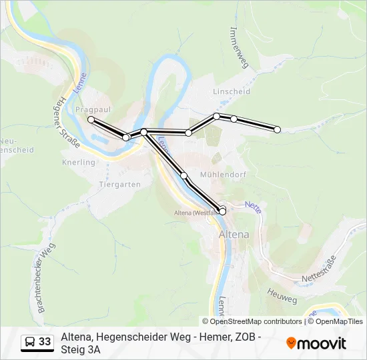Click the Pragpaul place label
coord(93,108)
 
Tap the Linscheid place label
coord(231,91)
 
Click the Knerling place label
coord(79,162)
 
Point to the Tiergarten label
coord(119,184)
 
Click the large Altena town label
coord(234,235)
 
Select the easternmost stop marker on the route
coord(278,129)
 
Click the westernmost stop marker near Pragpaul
coord(91,120)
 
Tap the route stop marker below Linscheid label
coord(216,116)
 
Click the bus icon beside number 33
coord(29,342)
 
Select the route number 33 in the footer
coord(45,342)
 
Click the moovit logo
coord(316,343)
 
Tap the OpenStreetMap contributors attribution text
coord(252,321)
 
